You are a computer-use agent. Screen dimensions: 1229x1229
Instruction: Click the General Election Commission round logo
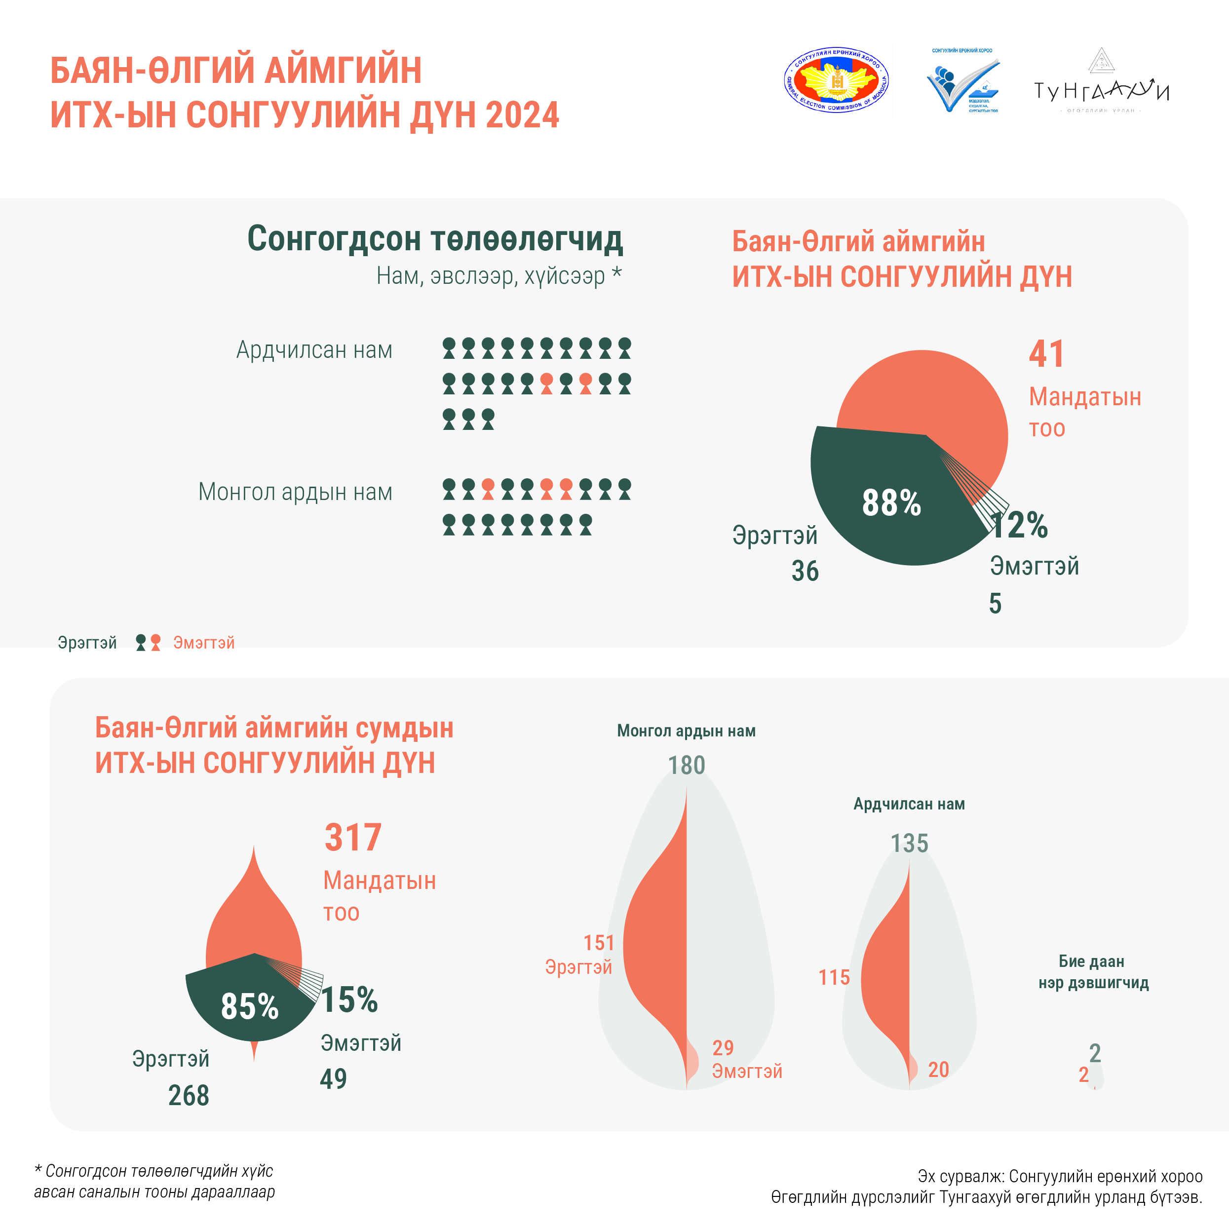click(836, 81)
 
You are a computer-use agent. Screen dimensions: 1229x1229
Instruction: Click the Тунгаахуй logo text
click(1101, 91)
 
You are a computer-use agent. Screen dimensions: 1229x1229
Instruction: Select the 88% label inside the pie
click(891, 502)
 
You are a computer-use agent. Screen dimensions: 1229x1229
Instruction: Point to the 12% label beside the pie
click(1019, 526)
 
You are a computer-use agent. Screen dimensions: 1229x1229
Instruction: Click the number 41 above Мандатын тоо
click(1046, 354)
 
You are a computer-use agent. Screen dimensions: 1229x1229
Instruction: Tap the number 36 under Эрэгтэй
click(805, 571)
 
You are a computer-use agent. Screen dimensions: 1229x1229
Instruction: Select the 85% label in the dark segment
click(249, 1006)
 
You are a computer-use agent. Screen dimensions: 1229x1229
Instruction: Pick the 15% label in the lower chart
click(349, 999)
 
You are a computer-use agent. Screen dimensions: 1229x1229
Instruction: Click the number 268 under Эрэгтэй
click(188, 1095)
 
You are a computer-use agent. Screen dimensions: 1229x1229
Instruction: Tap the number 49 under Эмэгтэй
click(333, 1078)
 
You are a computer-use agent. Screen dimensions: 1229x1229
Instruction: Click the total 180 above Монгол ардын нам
click(687, 765)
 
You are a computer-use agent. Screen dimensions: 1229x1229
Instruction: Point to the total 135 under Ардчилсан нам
click(909, 844)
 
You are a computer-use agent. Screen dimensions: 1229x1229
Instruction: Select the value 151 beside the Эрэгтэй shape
click(599, 943)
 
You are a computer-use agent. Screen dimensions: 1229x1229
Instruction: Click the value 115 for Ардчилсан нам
click(834, 977)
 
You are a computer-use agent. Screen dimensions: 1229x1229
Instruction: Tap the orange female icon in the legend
click(155, 643)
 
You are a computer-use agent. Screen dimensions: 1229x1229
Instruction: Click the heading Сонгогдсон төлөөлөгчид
click(435, 239)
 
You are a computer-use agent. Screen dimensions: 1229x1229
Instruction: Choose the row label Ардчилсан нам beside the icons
click(314, 350)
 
